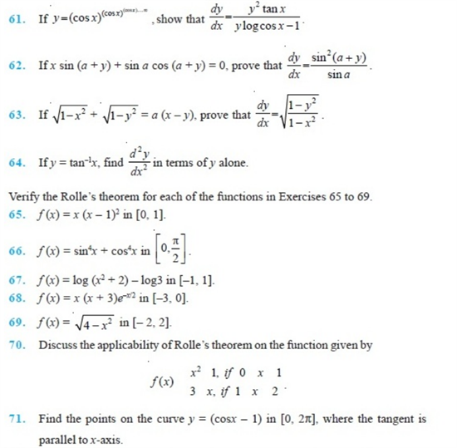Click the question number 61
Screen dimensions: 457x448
pos(16,19)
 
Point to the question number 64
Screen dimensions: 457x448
pos(16,163)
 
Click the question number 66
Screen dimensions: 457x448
pos(16,250)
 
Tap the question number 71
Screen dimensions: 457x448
pos(16,417)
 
